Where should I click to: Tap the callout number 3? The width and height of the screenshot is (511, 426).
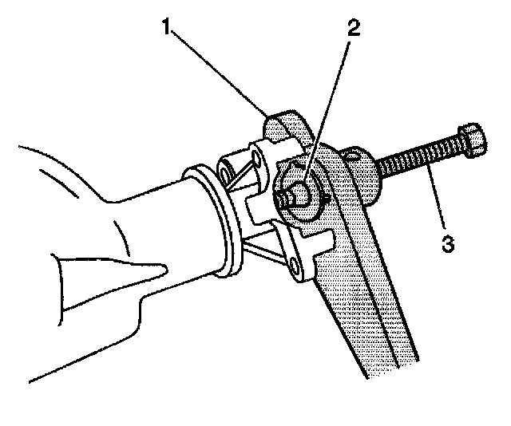coord(448,242)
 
